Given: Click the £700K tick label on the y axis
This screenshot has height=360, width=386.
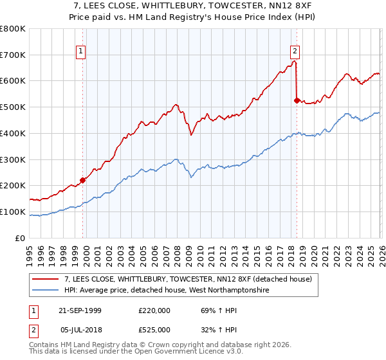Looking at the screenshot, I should (x=13, y=55).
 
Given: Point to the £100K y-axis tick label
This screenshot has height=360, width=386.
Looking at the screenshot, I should (x=13, y=212).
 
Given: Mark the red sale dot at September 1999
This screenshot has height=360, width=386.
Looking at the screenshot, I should (x=83, y=181).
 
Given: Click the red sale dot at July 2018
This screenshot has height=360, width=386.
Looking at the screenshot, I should (x=297, y=100).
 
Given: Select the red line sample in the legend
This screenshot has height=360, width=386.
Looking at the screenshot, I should (x=46, y=279).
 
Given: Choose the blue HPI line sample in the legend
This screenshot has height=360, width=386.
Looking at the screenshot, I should (x=46, y=290).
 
